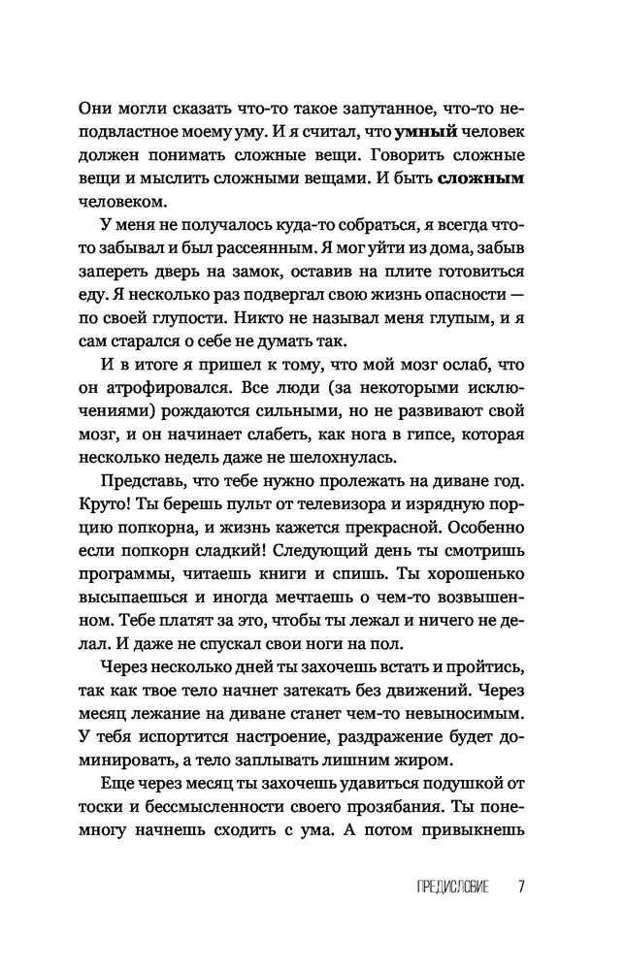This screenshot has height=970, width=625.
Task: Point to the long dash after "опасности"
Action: tap(515, 297)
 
